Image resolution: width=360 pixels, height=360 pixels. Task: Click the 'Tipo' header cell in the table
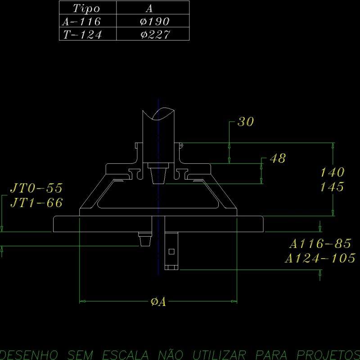pos(87,8)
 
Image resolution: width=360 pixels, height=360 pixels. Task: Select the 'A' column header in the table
pos(150,8)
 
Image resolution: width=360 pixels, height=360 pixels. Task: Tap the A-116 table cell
pos(80,21)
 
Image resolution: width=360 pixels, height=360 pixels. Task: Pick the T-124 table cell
pos(82,35)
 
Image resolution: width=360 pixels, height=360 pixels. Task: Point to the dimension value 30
pos(246,121)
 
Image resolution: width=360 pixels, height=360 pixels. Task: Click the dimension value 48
pos(277,158)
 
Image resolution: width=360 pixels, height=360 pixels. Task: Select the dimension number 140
pos(333,172)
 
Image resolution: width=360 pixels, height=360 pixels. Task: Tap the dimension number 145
pos(333,187)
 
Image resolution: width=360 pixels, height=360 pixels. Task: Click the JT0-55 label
pos(36,188)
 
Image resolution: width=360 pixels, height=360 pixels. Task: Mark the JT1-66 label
pos(36,203)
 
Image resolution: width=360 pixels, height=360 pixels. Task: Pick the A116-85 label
pos(320,244)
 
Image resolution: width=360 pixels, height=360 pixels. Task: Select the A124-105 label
pos(320,258)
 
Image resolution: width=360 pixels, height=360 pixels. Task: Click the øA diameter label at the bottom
pos(158,302)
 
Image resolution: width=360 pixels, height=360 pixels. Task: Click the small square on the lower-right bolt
pos(171,251)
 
